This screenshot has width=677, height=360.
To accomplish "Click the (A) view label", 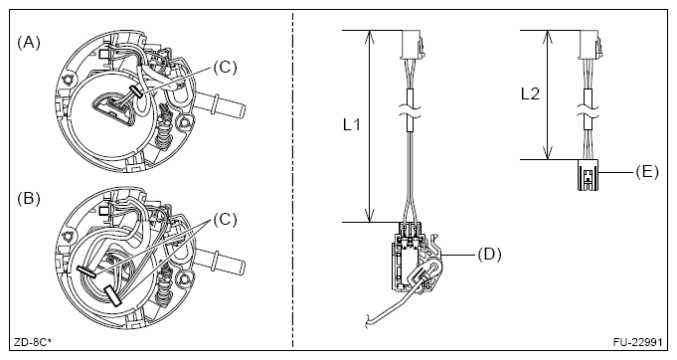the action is [29, 43].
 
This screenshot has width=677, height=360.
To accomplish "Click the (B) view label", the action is [29, 199].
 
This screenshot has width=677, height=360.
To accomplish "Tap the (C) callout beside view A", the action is [225, 68].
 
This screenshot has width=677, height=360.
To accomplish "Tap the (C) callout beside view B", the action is [225, 220].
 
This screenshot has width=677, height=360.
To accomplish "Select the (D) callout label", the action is [489, 255].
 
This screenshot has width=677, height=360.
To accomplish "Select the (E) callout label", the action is [647, 172].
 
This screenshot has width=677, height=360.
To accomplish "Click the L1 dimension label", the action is [352, 125].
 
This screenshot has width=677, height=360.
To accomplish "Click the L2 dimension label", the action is [530, 93].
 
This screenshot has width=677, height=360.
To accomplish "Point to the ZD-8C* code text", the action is [33, 342].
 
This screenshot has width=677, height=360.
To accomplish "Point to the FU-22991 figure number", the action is [637, 342].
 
